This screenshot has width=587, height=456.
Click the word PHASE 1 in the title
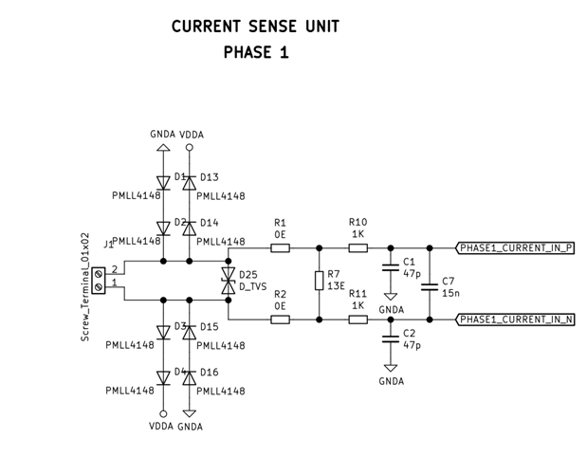pos(256,53)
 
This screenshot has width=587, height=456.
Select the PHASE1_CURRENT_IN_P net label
pos(516,248)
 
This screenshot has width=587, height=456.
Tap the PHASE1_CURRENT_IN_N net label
pos(516,319)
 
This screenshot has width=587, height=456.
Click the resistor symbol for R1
pos(280,248)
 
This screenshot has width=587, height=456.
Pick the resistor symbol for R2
pos(280,319)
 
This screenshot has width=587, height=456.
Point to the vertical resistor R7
pos(319,282)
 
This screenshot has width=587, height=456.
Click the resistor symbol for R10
pos(358,248)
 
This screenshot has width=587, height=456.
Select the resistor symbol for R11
pos(358,319)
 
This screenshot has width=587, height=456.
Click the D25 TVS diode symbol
pos(228,283)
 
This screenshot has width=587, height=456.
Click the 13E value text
pos(335,286)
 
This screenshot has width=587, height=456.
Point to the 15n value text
pos(449,294)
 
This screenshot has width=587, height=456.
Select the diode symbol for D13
pos(189,180)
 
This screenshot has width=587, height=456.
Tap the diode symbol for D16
pos(189,377)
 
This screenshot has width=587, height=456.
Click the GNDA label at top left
pos(162,135)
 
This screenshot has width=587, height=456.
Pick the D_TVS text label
pos(253,286)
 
